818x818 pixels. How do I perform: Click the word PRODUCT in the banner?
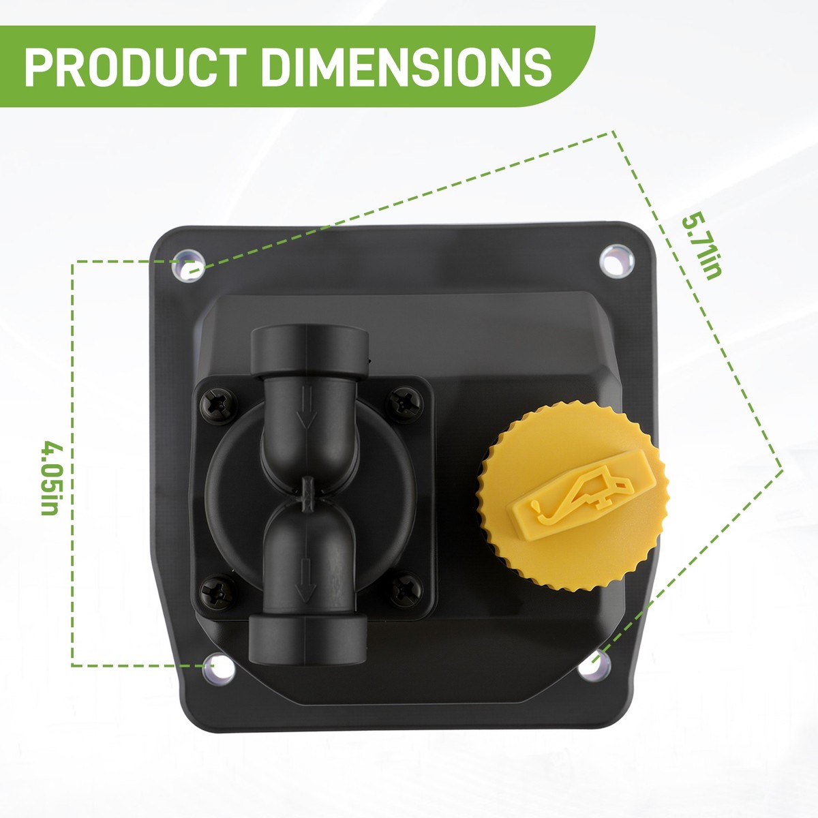(136, 67)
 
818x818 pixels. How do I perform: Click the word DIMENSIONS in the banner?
(406, 67)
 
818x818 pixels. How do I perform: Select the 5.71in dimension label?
(701, 245)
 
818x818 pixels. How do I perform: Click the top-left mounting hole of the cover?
(188, 266)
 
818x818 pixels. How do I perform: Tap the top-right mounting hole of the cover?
(617, 262)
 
